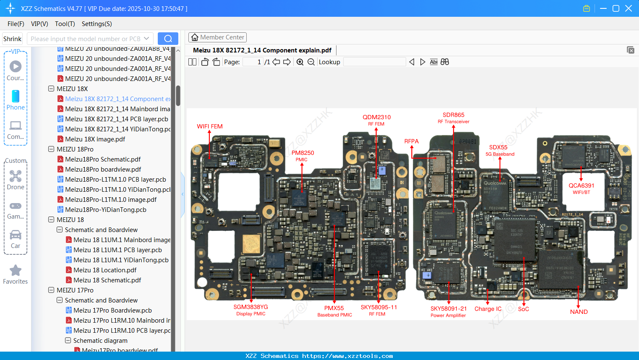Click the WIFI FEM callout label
(209, 126)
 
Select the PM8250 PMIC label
(303, 155)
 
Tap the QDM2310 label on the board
(376, 120)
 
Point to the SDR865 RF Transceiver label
(453, 117)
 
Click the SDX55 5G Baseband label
(499, 150)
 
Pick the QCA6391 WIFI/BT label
(581, 188)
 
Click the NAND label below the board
(579, 312)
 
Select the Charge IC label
(488, 309)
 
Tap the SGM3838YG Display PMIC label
(250, 310)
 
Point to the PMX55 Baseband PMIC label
(334, 311)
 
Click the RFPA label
(411, 141)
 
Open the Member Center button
(217, 37)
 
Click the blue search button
(168, 39)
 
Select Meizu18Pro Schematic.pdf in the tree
(103, 159)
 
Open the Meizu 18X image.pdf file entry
(95, 139)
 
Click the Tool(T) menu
(65, 24)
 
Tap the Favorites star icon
(16, 271)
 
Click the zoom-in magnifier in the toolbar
(300, 62)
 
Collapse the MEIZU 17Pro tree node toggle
(51, 290)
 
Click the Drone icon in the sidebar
(16, 176)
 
